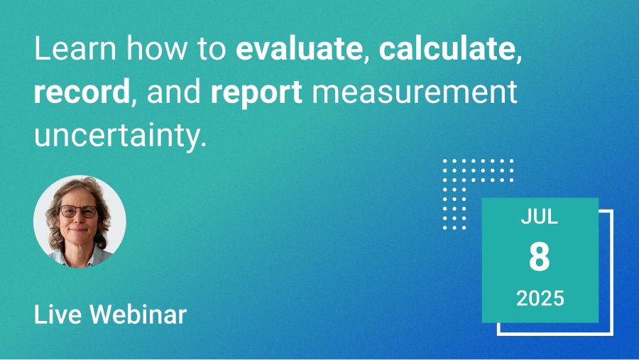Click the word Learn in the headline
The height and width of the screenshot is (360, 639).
[76, 48]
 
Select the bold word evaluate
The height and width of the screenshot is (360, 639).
[300, 48]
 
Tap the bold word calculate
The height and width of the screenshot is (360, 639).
[447, 48]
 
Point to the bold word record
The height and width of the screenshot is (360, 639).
[82, 92]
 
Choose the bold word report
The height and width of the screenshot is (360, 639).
[256, 93]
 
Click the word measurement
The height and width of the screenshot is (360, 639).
[415, 92]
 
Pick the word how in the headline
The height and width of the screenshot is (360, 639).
[156, 48]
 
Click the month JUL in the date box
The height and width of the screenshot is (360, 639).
[540, 217]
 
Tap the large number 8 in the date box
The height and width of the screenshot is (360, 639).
[540, 256]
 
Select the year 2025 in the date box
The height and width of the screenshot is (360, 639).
[540, 298]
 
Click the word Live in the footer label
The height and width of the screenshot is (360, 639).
[58, 315]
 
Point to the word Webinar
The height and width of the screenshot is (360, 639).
[138, 315]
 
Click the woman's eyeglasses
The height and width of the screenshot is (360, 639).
[79, 211]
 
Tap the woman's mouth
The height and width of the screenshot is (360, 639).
[78, 231]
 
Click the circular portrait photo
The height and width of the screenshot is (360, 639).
[80, 222]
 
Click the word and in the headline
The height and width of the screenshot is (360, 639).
[174, 92]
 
